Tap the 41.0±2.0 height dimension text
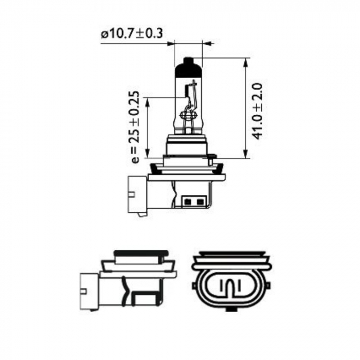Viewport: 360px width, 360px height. coord(258,110)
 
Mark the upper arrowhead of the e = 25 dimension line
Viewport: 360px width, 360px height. coord(148,101)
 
